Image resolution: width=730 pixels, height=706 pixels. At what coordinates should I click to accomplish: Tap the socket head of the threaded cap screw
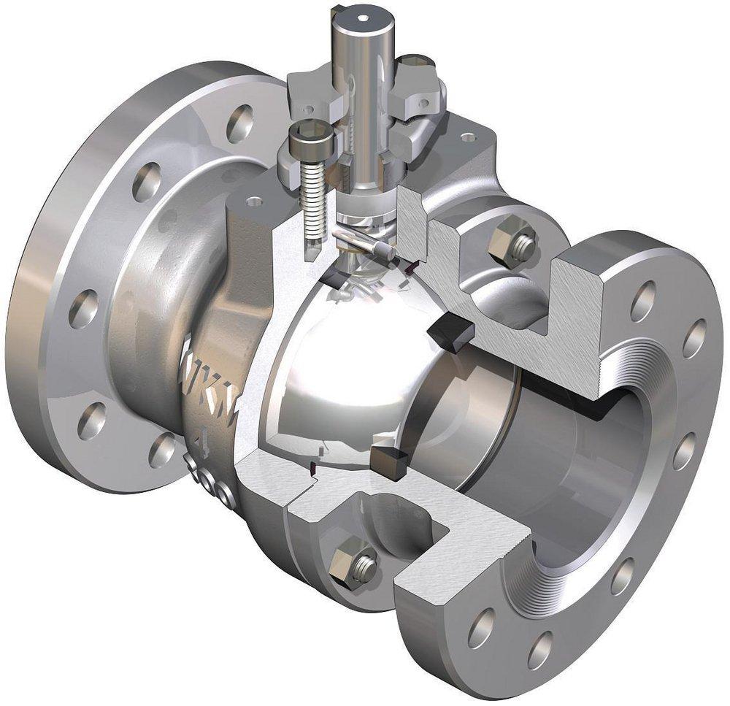click(x=302, y=134)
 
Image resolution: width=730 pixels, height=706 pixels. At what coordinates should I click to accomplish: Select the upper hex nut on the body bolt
click(x=515, y=245)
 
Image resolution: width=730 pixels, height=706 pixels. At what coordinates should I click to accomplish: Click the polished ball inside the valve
click(x=328, y=365)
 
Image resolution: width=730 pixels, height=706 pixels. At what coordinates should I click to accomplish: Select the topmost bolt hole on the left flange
click(x=239, y=122)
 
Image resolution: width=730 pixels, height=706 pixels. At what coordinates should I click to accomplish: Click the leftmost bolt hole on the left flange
click(x=82, y=308)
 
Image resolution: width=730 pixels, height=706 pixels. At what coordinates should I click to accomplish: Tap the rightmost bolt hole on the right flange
click(x=694, y=338)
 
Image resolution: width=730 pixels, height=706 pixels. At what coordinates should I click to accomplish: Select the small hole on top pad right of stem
click(x=468, y=137)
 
